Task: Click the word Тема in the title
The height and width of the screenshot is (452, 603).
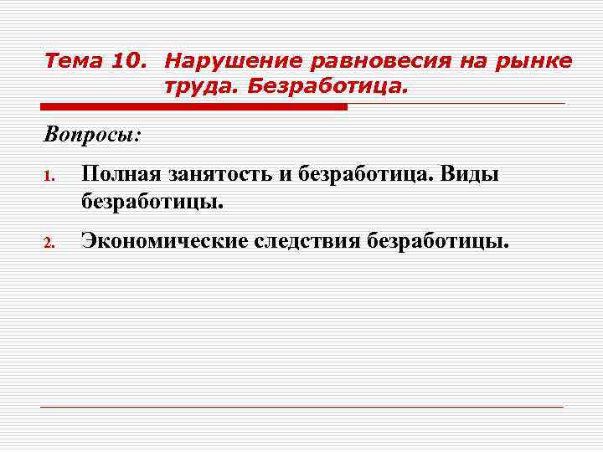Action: point(70,61)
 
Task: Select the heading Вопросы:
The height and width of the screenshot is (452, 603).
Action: point(93,134)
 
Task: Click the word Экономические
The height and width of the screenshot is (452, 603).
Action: point(163,242)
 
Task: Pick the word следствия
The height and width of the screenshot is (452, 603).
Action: point(307,242)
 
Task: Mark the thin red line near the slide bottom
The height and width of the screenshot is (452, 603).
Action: point(301,408)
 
